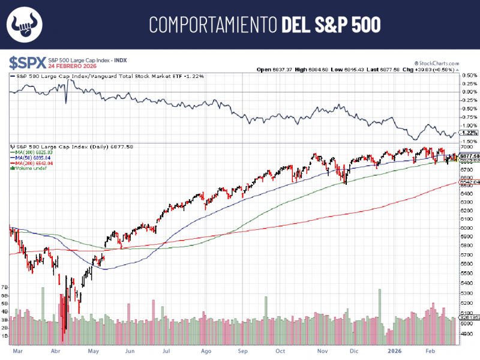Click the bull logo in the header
click(24, 25)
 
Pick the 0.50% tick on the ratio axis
click(469, 75)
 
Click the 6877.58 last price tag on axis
click(469, 156)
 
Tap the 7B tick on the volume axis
click(5, 287)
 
